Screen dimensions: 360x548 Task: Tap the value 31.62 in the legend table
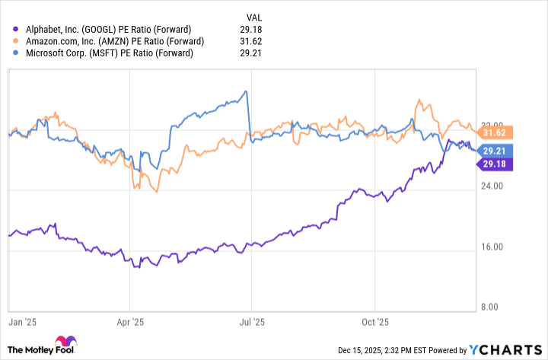point(254,42)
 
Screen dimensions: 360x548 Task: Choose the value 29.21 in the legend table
point(254,54)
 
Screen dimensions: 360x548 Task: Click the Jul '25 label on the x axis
point(252,322)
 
